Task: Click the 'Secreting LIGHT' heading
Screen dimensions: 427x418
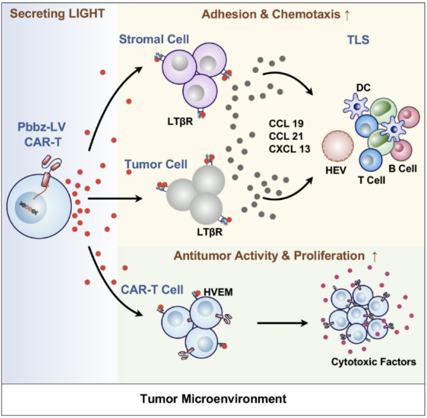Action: pos(57,14)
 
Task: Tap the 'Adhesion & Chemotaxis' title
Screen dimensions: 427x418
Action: pos(271,14)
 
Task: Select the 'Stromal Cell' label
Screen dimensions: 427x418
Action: pos(154,39)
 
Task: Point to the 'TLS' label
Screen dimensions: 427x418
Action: pos(358,40)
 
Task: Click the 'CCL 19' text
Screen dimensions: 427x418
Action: pos(286,124)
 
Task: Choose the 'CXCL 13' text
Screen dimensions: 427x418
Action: pos(289,149)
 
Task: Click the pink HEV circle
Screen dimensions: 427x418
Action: pos(338,146)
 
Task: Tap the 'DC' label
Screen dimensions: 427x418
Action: pos(363,88)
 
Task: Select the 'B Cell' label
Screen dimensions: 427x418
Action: pos(403,169)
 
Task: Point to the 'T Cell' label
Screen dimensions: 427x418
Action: pos(372,180)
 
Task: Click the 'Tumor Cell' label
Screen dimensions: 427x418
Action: pos(156,165)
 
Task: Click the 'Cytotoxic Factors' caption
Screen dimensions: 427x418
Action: pos(374,362)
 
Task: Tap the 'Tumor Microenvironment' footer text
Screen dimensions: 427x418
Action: pos(213,399)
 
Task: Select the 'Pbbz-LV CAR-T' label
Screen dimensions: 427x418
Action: pos(42,134)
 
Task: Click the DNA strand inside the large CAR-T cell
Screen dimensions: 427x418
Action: pos(28,208)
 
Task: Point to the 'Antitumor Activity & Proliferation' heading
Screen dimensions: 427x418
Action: pos(269,256)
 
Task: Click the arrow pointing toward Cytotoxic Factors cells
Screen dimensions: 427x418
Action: pos(283,323)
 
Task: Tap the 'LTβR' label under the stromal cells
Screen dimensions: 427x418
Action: pos(180,122)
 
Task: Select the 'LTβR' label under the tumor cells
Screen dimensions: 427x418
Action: pos(210,232)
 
